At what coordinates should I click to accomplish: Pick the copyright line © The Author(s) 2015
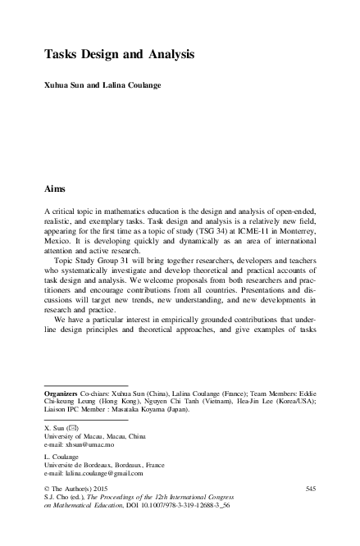click(80, 489)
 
